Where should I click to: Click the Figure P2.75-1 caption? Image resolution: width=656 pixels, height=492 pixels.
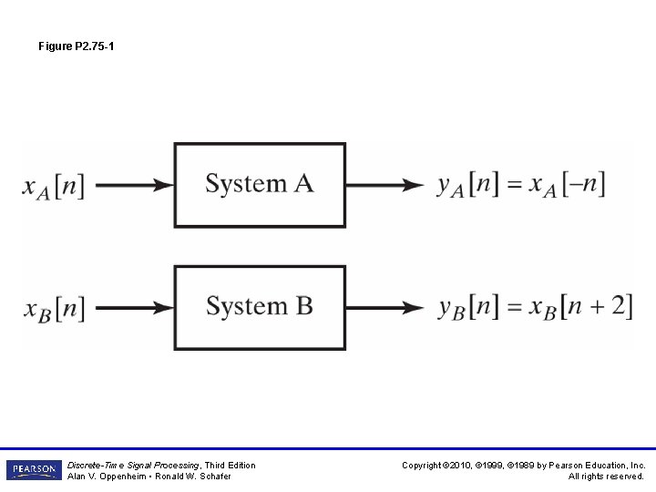77,46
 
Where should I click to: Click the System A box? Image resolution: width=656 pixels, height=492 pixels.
260,185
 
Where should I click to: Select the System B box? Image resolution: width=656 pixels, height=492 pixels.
260,307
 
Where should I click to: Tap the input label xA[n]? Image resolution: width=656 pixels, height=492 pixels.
54,186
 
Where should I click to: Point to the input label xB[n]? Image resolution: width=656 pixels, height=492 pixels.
54,308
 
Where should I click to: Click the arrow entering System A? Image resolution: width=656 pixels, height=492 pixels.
134,186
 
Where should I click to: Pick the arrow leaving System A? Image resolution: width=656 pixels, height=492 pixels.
384,186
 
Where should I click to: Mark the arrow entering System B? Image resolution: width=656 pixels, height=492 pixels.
134,308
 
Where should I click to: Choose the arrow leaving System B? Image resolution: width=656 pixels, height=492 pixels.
384,308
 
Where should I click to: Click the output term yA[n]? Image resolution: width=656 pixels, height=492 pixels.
467,185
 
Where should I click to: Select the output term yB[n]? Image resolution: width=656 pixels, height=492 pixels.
467,307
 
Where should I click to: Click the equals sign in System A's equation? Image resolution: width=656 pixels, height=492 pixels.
515,185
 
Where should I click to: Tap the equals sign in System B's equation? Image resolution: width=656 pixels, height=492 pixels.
515,307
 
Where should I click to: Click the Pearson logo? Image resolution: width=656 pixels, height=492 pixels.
34,470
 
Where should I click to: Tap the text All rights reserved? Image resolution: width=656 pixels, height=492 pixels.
606,477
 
